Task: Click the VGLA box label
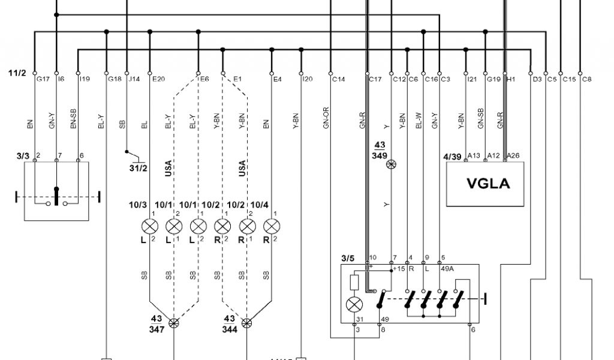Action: (488, 184)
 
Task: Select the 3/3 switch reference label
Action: (23, 155)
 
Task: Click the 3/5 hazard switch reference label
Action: (348, 259)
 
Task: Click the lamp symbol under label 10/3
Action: (149, 227)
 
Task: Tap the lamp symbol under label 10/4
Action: (272, 227)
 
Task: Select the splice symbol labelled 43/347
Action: (174, 323)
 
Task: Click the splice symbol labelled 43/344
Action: (247, 323)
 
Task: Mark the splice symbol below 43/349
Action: (391, 164)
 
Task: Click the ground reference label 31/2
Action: (138, 167)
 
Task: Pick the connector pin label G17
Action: (43, 79)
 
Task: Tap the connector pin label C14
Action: (339, 79)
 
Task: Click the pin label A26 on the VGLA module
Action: (513, 155)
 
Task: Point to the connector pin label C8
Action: (587, 79)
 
